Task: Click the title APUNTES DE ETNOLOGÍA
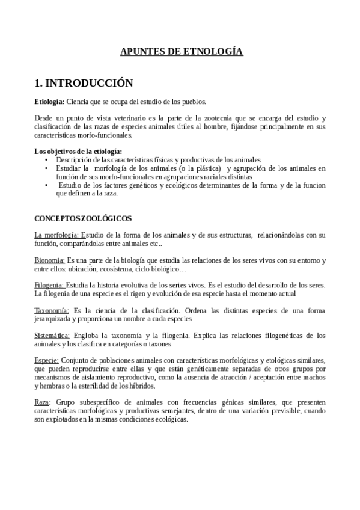pos(182,52)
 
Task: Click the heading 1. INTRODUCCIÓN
pos(84,83)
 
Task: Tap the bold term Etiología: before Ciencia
pos(49,102)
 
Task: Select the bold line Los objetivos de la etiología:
pos(78,151)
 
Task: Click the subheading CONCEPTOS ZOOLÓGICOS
pos(83,218)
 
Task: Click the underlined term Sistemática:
pos(52,336)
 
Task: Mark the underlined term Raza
pos(42,402)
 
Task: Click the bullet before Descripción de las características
pos(47,160)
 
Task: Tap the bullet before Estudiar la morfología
pos(47,168)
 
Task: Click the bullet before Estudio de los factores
pos(47,185)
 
